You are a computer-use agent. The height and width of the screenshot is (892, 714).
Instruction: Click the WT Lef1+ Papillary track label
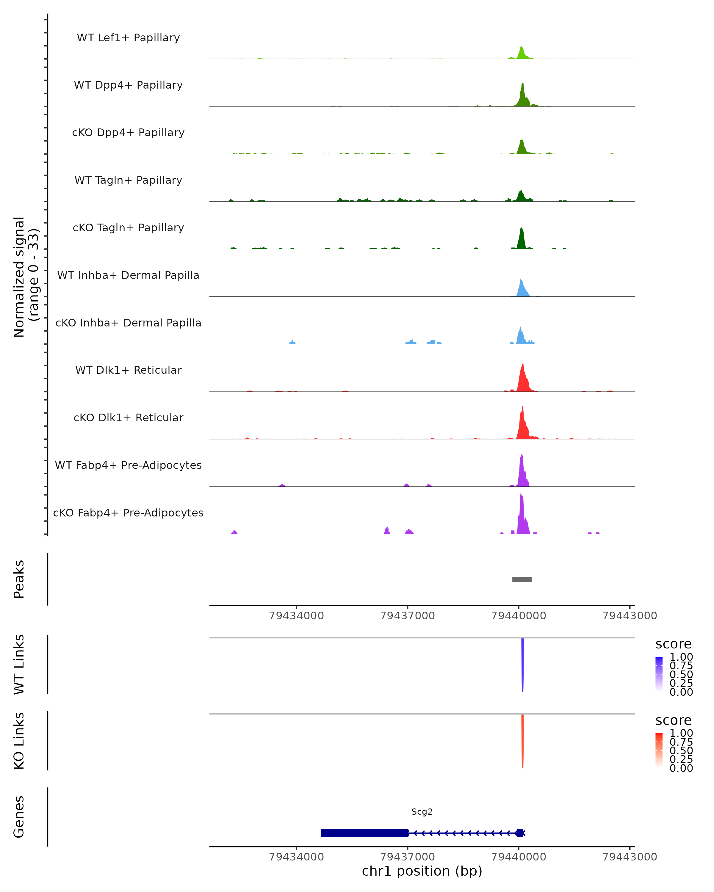(x=128, y=38)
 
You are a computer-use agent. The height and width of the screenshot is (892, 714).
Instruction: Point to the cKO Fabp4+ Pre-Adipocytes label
(x=128, y=513)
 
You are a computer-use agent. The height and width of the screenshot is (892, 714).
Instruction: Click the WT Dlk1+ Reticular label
(x=128, y=370)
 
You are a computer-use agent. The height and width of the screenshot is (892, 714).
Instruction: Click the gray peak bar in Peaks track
(x=522, y=579)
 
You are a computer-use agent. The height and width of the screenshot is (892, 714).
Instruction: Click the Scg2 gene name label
(x=422, y=812)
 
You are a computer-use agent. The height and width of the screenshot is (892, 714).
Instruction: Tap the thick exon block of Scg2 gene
(x=364, y=833)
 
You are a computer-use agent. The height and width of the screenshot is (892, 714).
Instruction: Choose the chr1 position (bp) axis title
(x=422, y=871)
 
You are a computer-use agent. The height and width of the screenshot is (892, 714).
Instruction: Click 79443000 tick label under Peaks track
(x=629, y=616)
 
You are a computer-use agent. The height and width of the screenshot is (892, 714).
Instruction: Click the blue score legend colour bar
(x=659, y=674)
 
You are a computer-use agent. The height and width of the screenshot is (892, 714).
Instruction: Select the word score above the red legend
(x=673, y=720)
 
